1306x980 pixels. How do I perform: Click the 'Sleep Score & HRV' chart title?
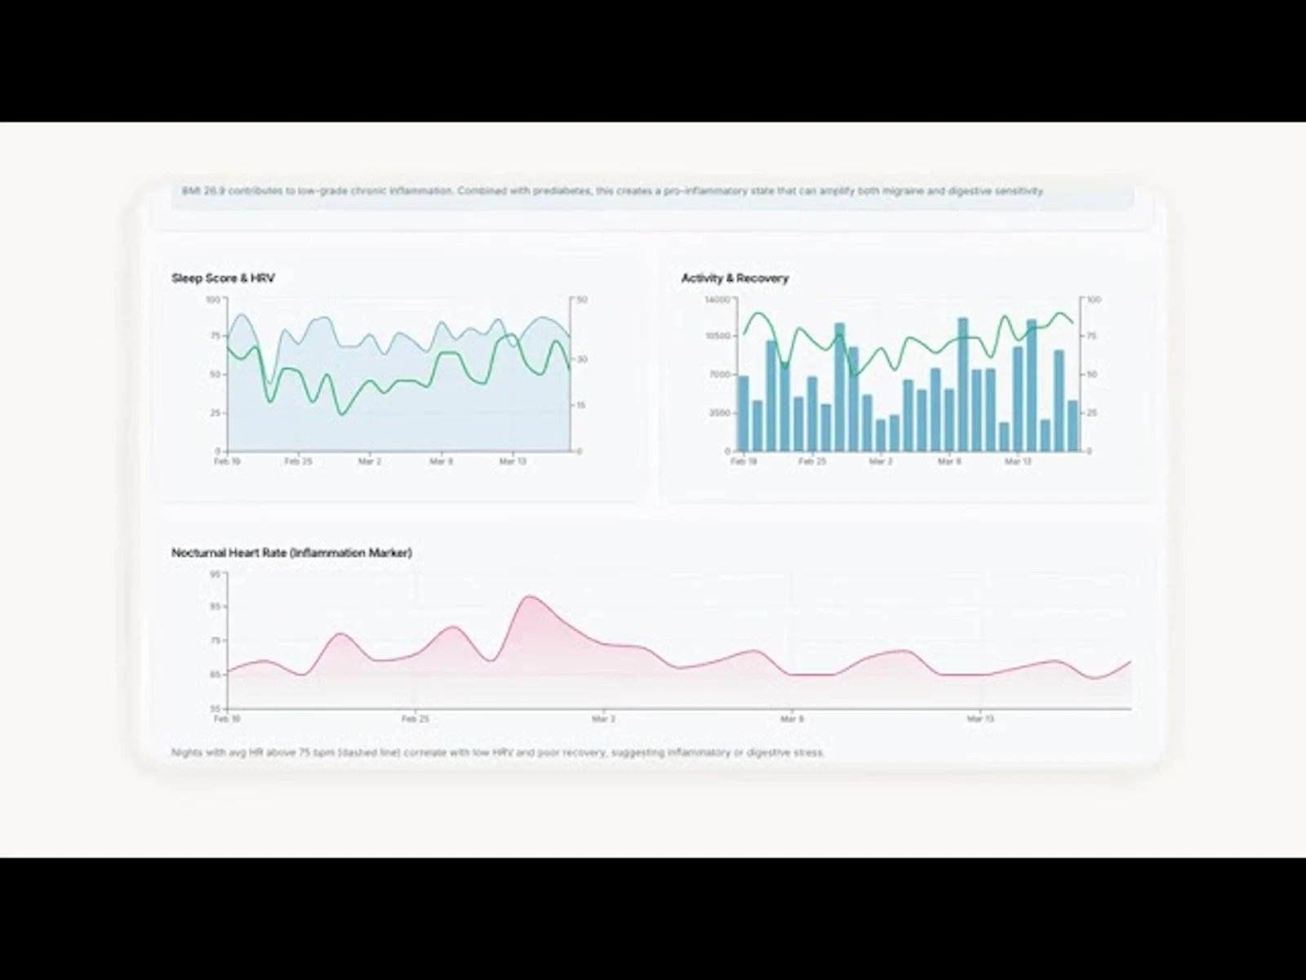click(223, 278)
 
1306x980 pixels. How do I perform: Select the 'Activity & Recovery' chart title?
click(735, 278)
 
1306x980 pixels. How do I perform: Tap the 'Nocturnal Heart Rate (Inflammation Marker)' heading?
click(291, 553)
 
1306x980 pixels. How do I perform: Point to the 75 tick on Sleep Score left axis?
click(215, 336)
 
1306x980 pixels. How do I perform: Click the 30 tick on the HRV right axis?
click(583, 359)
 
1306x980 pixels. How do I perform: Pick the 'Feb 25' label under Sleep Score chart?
click(298, 461)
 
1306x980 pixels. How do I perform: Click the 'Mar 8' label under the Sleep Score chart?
click(441, 461)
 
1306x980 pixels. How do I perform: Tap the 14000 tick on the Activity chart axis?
click(717, 300)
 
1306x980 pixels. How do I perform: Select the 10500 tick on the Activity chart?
click(717, 336)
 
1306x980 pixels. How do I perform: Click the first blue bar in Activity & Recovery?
click(743, 413)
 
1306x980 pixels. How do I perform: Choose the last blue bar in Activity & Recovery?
click(1073, 425)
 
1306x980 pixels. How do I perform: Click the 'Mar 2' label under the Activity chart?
click(881, 461)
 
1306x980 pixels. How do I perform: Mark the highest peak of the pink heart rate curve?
click(530, 597)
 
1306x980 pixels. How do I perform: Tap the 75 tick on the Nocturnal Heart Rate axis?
click(215, 640)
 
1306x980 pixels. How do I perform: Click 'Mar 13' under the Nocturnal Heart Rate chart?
click(980, 719)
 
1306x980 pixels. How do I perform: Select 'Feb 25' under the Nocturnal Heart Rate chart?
click(415, 719)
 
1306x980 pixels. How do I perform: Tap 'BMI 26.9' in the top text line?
click(203, 191)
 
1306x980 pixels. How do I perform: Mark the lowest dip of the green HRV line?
click(342, 413)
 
